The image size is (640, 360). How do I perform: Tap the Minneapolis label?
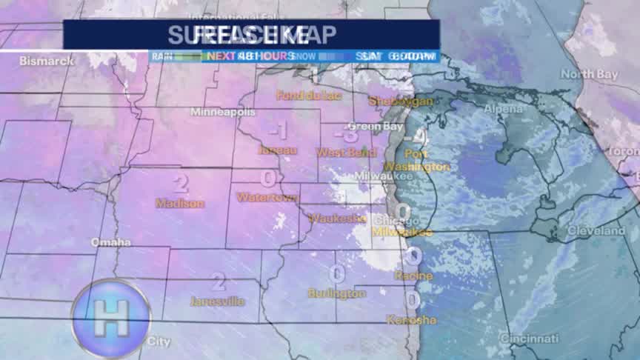223,112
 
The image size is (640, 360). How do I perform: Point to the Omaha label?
110,242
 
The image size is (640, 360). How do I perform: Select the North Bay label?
589,74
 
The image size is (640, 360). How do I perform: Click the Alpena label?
503,109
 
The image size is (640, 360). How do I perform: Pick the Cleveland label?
596,231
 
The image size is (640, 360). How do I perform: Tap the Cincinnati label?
529,339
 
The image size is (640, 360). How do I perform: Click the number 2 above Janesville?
218,281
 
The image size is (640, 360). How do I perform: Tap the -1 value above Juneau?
279,131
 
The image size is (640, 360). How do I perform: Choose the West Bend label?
341,152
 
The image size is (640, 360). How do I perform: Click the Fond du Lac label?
302,95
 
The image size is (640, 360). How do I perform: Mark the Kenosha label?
411,320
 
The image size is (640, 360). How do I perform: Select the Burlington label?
336,293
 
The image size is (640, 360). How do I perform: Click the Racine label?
413,276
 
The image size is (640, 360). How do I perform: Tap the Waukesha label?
338,219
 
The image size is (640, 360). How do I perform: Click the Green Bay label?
364,127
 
